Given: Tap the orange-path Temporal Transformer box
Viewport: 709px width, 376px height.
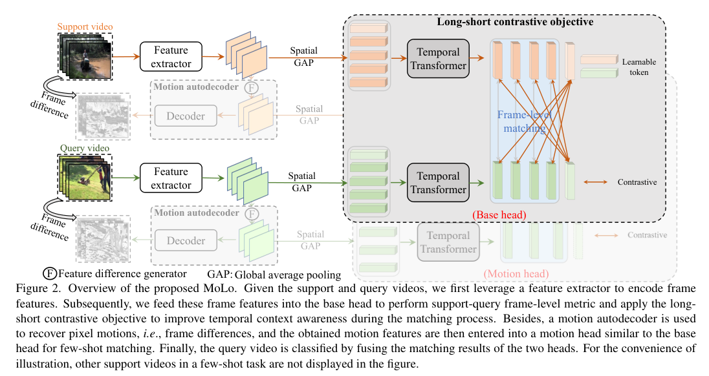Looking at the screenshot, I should (438, 58).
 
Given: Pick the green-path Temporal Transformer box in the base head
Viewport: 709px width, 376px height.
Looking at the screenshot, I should (438, 183).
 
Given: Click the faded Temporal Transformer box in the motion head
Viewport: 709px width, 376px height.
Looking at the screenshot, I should (448, 242).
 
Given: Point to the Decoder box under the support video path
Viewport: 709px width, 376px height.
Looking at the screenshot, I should (186, 116).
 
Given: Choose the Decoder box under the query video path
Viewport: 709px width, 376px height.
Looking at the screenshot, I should (186, 240).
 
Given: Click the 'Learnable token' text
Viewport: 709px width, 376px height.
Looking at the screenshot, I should (639, 67).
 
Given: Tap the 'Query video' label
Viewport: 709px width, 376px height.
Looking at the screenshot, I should (82, 148).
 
